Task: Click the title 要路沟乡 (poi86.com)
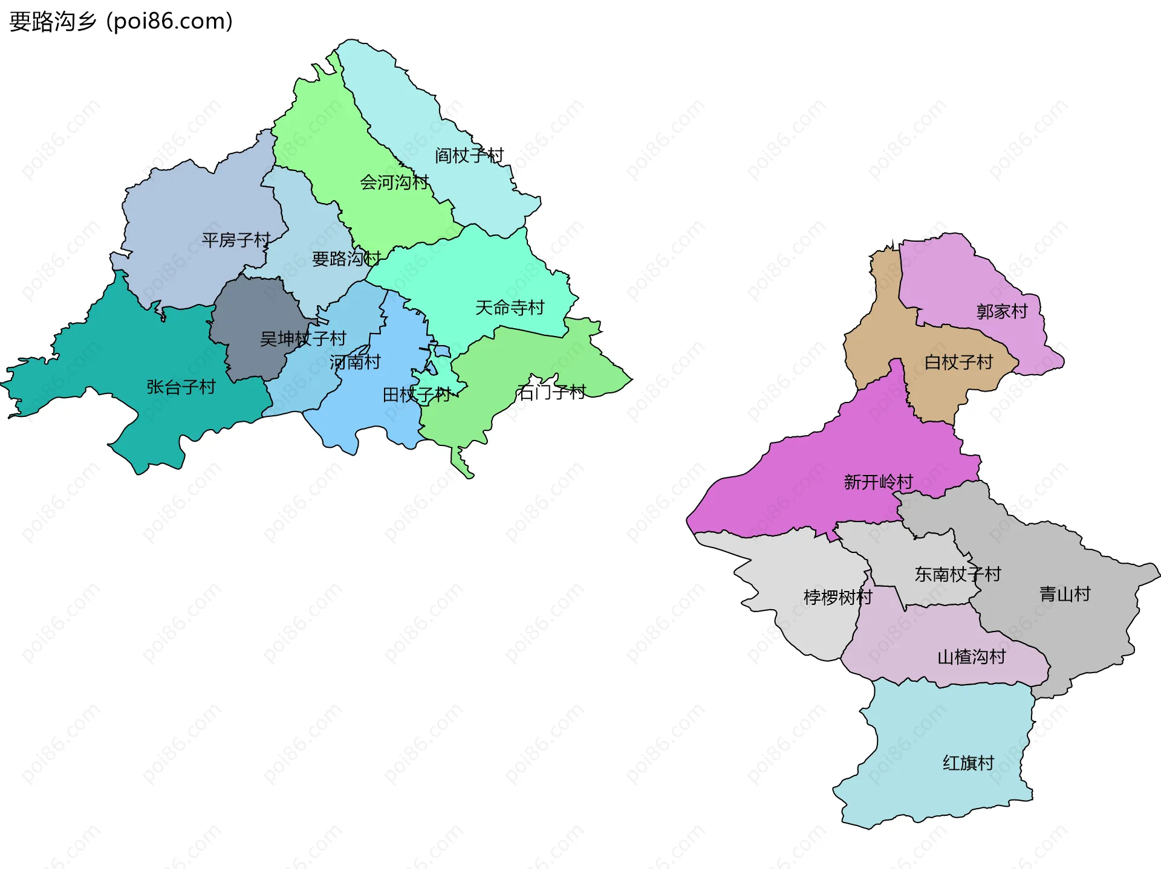pos(121,22)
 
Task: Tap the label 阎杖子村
pos(469,156)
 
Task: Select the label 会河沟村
pos(394,182)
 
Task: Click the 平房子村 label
pos(236,240)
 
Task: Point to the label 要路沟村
pos(346,259)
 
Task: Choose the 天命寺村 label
pos(509,308)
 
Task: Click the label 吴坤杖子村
pos(303,338)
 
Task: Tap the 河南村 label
pos(355,362)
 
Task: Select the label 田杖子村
pos(417,395)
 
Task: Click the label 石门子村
pos(551,393)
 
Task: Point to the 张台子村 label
pos(181,387)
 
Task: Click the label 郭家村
pos(1002,311)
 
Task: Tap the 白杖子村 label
pos(958,362)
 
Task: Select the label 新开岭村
pos(878,482)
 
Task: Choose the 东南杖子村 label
pos(957,574)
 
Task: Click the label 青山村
pos(1064,594)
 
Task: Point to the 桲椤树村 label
pos(837,597)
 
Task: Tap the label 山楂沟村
pos(971,656)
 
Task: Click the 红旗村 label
pos(968,763)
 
